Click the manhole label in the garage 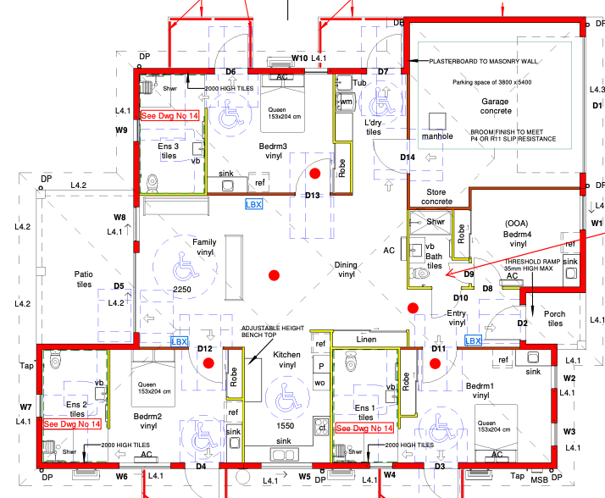click(438, 136)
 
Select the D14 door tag click(408, 158)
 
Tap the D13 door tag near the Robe click(313, 196)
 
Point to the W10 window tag click(299, 58)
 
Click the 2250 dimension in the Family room click(183, 290)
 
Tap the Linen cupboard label click(366, 340)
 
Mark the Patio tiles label click(83, 279)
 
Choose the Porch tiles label click(554, 318)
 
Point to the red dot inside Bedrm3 click(314, 173)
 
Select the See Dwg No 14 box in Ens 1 click(364, 428)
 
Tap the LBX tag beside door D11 click(473, 340)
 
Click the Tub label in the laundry click(360, 83)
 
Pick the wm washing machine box click(346, 102)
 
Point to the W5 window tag click(305, 476)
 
